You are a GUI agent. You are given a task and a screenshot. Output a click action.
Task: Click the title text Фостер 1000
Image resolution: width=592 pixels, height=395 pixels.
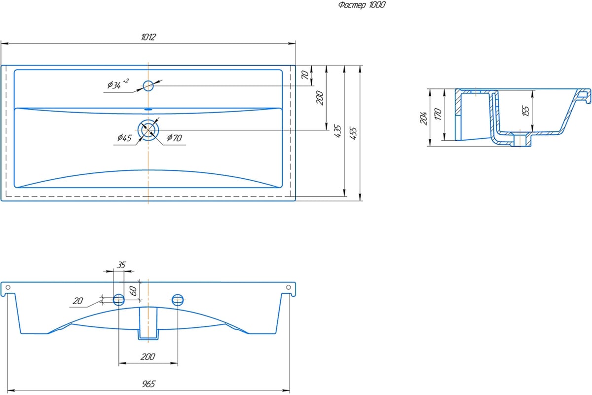[362, 5]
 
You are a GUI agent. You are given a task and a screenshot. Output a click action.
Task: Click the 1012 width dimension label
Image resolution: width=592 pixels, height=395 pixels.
[148, 37]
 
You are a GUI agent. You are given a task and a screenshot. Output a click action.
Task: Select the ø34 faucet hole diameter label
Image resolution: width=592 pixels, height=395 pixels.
[118, 84]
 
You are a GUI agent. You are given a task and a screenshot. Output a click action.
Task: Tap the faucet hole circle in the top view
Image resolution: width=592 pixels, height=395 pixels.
[148, 86]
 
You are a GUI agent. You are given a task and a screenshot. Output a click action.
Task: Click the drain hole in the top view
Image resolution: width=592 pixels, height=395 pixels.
[148, 130]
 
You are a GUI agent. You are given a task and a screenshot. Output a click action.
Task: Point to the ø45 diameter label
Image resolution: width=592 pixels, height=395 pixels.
[124, 138]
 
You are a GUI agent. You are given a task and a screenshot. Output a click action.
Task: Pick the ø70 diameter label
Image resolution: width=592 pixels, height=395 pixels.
[175, 138]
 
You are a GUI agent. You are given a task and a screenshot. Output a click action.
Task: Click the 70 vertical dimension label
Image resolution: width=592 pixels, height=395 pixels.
[305, 75]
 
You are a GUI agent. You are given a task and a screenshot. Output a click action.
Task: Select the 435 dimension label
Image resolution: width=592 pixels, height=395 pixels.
[338, 131]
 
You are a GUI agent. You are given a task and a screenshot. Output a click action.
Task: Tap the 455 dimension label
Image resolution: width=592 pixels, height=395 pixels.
[353, 133]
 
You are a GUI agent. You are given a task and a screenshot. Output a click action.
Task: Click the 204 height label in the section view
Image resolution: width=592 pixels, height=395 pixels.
[423, 118]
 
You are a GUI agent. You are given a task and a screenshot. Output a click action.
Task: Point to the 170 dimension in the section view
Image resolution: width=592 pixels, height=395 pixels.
[438, 114]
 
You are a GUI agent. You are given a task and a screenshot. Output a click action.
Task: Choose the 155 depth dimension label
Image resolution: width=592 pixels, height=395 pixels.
[526, 111]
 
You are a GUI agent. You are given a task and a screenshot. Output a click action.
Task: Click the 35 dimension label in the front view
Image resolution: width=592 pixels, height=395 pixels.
[121, 265]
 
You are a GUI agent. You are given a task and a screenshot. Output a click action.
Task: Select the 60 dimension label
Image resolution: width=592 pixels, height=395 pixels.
[134, 291]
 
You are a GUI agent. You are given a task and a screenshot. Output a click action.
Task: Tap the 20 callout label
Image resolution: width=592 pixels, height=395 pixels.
[78, 301]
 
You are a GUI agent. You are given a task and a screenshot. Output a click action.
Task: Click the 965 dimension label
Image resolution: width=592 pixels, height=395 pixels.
[149, 384]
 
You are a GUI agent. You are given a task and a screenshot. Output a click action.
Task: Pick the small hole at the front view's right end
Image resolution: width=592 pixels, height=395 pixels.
[289, 287]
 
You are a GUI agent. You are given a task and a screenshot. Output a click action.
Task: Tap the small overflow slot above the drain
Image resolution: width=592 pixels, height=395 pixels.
[148, 109]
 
